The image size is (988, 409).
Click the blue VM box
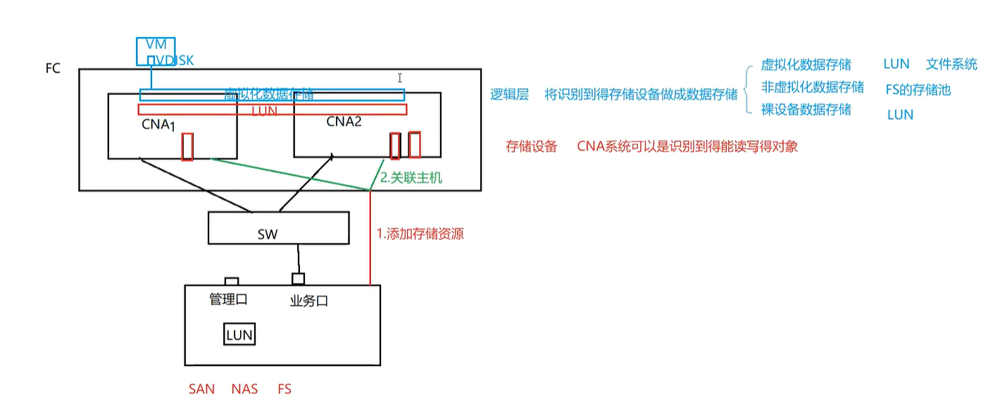click(156, 44)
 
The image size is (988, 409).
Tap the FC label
click(53, 68)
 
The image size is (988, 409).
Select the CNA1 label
click(157, 125)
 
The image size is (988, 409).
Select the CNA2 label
click(344, 122)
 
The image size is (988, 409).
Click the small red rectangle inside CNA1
click(188, 146)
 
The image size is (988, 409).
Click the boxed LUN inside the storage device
click(239, 335)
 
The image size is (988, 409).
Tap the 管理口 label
click(228, 299)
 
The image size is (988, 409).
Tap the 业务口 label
click(309, 301)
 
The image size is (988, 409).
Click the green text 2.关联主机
click(411, 178)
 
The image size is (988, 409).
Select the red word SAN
click(201, 389)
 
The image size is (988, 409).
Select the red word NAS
click(244, 389)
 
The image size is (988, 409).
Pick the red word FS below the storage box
click(284, 389)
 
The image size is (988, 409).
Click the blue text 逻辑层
click(509, 95)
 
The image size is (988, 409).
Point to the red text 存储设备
click(532, 146)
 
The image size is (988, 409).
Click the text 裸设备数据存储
click(806, 110)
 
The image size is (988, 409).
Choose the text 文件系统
click(951, 65)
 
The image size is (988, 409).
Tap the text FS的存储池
click(918, 90)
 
